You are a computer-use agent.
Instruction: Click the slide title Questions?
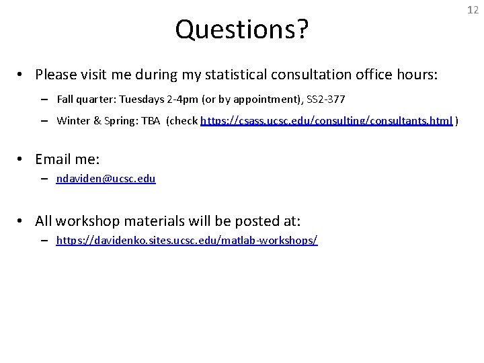(242, 29)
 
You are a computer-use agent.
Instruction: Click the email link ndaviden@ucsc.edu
(106, 179)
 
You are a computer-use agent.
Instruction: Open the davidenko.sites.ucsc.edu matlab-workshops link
(187, 240)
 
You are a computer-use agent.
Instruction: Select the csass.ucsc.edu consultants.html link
(327, 121)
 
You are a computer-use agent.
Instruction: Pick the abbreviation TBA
(151, 121)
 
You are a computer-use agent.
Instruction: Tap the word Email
(54, 159)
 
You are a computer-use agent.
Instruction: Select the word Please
(56, 73)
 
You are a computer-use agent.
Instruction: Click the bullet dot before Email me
(22, 159)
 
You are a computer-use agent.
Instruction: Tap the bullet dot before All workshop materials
(22, 220)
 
